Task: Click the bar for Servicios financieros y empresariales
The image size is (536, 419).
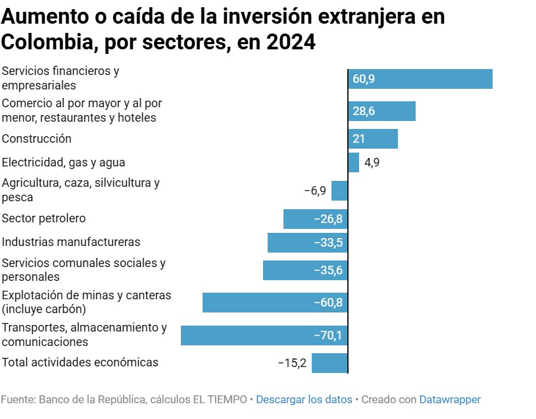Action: click(x=420, y=79)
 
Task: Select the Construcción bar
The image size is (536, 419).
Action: click(x=373, y=139)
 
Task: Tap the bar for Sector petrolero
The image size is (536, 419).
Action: click(x=315, y=219)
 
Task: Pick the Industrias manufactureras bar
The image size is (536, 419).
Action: click(x=307, y=243)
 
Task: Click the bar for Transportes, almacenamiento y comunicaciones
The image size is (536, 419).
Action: click(x=264, y=335)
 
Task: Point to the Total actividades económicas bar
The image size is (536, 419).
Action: click(x=329, y=363)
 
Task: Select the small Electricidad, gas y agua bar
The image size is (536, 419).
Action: click(x=354, y=162)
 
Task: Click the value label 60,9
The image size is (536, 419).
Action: click(x=364, y=79)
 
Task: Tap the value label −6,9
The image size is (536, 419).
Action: click(x=315, y=191)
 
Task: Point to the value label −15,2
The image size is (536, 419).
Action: click(x=292, y=363)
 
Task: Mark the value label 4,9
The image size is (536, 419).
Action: click(x=372, y=162)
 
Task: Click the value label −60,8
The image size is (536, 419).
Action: click(x=328, y=303)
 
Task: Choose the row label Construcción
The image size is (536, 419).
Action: click(x=37, y=139)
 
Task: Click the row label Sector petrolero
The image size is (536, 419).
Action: click(x=44, y=218)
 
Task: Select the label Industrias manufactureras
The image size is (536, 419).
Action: click(x=71, y=242)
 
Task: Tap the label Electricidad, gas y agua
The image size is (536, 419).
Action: click(x=64, y=162)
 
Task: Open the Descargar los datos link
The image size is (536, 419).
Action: click(x=304, y=399)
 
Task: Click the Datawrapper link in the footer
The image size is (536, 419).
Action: click(x=450, y=399)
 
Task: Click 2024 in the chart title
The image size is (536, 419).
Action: click(x=291, y=43)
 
